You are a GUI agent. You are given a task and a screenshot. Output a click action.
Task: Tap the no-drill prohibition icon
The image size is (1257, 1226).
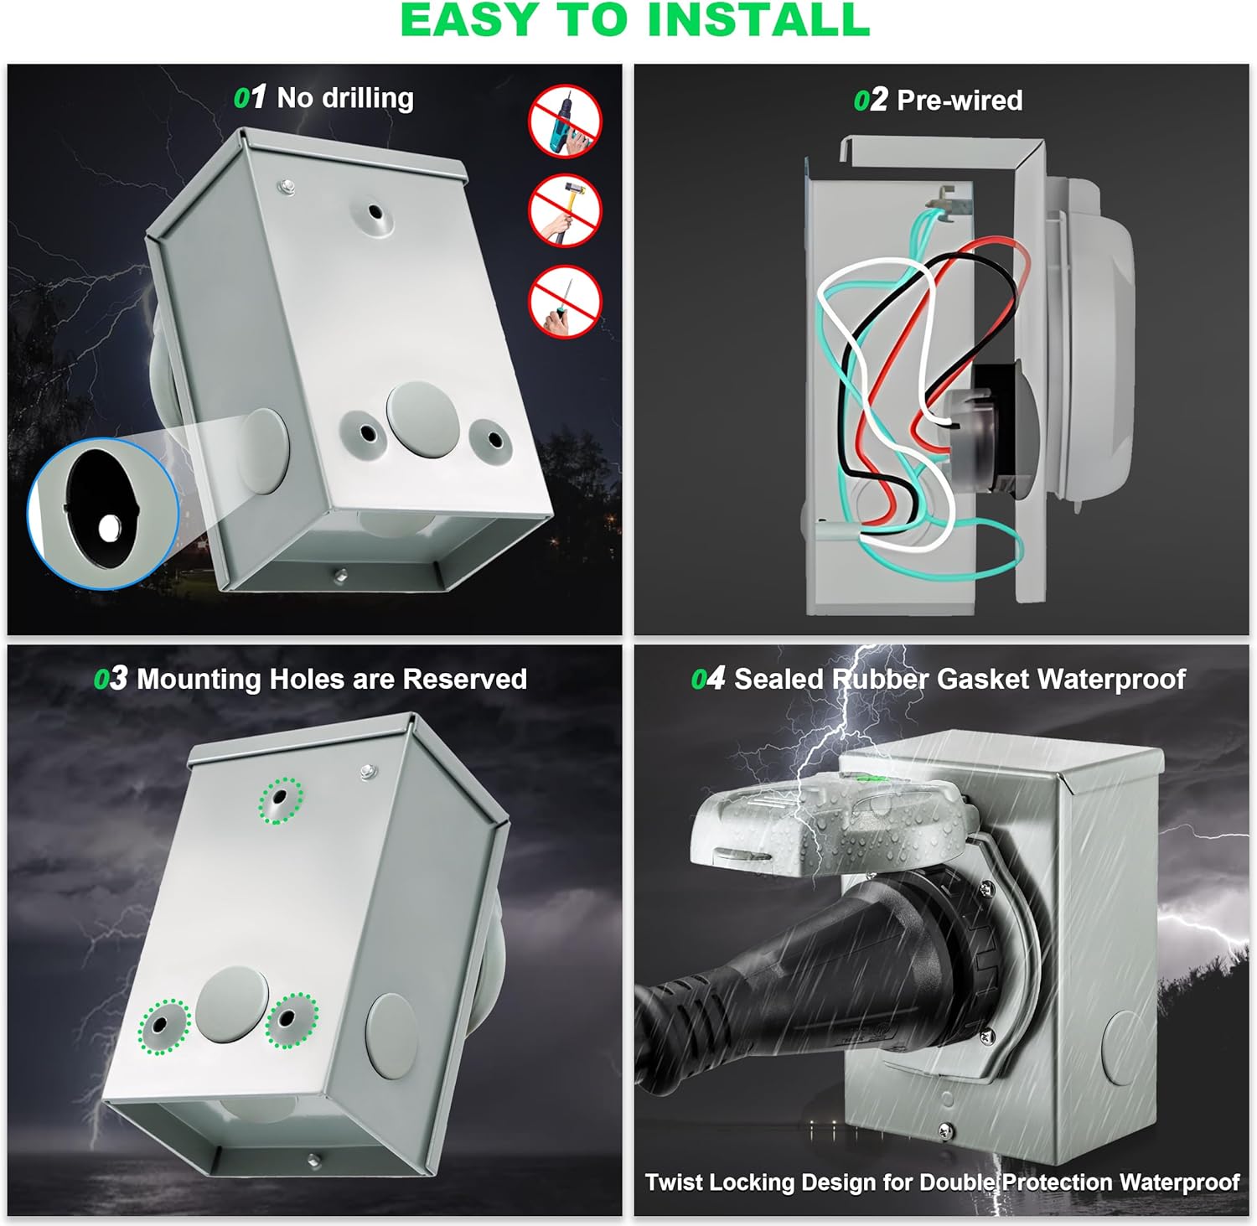tap(566, 122)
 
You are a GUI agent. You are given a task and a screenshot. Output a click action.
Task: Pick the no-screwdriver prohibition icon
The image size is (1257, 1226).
tap(566, 302)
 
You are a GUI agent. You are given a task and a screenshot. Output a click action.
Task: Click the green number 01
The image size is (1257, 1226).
tap(250, 98)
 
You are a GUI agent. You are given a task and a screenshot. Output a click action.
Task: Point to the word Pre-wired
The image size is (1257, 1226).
tap(960, 101)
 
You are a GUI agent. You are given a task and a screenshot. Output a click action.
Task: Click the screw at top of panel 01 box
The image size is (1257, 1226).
tap(287, 185)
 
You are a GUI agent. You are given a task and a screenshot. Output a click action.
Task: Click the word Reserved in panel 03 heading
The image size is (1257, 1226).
tap(465, 679)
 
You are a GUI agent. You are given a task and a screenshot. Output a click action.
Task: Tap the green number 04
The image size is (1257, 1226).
tap(707, 679)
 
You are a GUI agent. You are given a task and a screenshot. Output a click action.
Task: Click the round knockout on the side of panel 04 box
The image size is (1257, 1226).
tap(1123, 1048)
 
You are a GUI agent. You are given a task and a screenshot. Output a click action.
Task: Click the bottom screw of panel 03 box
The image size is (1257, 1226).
tap(313, 1160)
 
